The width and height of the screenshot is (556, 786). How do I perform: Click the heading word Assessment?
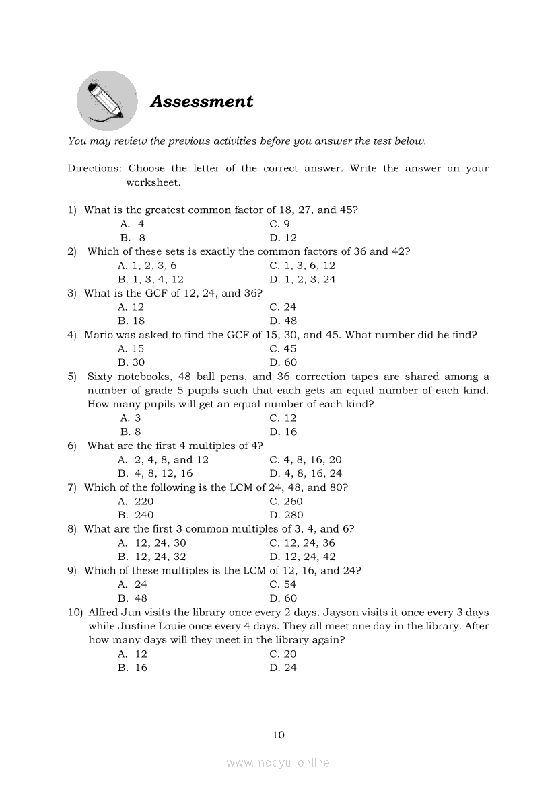[201, 102]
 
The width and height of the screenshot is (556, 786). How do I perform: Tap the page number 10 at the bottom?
[279, 735]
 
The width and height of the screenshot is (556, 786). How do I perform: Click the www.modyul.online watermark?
[278, 762]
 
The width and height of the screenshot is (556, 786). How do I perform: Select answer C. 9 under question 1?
[279, 224]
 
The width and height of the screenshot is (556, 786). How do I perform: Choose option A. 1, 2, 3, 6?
[147, 266]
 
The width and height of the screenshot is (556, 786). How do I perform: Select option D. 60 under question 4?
[283, 363]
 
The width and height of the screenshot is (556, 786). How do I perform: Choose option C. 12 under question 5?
[283, 418]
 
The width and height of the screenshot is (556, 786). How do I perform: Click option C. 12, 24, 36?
[302, 543]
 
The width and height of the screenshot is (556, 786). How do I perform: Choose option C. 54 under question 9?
[283, 585]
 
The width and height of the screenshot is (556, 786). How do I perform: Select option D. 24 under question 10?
[283, 668]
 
